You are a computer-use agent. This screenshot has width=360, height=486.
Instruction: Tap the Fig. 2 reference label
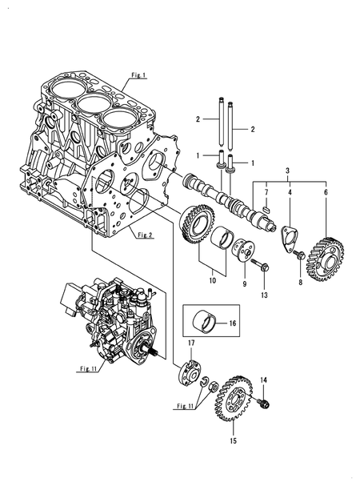(144, 235)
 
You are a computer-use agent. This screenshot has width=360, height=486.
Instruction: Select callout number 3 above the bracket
(287, 171)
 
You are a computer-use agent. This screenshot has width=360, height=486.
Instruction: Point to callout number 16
(232, 323)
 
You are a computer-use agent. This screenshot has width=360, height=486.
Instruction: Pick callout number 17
(191, 343)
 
